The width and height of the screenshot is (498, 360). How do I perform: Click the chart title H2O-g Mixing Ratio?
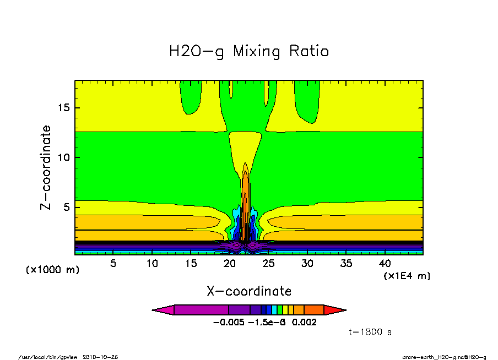click(249, 52)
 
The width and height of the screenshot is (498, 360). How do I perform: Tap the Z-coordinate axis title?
click(47, 167)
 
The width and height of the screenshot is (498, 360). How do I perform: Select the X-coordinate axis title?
click(249, 291)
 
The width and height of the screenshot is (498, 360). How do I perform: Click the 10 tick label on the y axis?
click(64, 157)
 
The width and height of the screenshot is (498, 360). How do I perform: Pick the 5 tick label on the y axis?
click(67, 208)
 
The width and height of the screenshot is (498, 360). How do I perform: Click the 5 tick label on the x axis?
click(113, 263)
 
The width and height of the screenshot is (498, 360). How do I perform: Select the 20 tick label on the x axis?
click(229, 263)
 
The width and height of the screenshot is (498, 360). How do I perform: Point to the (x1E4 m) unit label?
click(407, 275)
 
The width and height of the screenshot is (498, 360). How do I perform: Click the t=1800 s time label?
click(370, 332)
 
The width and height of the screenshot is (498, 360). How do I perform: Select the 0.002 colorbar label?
click(305, 323)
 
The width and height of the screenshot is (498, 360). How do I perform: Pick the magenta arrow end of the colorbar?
click(163, 310)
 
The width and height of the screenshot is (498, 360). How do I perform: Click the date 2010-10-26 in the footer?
click(100, 357)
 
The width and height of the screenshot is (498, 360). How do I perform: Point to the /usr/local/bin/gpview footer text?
click(48, 357)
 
